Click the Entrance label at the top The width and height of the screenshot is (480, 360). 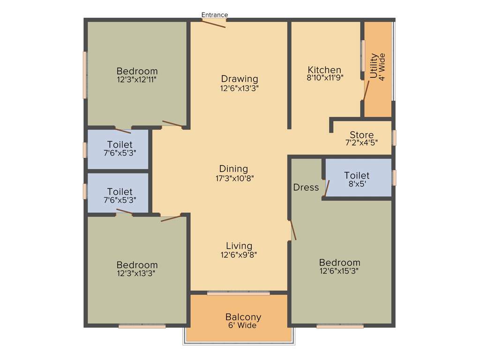(215, 15)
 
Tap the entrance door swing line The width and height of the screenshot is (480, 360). (214, 23)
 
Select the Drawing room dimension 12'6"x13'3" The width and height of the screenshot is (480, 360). (240, 88)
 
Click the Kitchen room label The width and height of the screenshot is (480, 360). (324, 70)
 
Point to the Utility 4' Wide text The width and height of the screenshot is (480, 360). (377, 66)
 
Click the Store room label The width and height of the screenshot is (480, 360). (361, 135)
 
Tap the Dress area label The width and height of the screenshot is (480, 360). (306, 187)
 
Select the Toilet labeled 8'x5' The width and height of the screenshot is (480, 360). (357, 184)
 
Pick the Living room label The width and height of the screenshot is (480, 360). (239, 246)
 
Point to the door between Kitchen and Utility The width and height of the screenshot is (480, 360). (366, 91)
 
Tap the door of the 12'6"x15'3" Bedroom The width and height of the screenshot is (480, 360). (293, 230)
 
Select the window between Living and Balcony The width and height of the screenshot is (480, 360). (239, 293)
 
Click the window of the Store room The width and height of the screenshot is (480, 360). (394, 137)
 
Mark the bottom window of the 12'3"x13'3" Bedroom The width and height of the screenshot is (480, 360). (142, 326)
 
